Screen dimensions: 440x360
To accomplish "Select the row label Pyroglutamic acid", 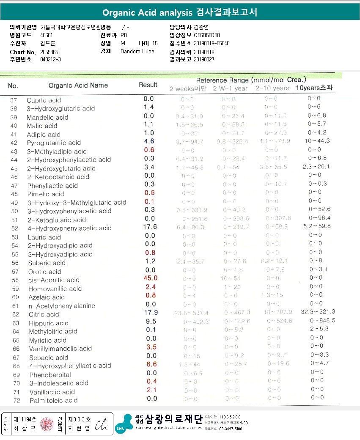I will [x=54, y=143].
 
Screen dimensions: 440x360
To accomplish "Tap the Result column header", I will [x=148, y=85].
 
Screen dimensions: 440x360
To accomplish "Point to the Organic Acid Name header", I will [x=78, y=85].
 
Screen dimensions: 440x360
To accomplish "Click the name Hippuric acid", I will [x=49, y=323].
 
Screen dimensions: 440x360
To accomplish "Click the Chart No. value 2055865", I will [x=49, y=52].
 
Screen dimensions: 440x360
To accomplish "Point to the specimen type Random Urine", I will [x=137, y=52].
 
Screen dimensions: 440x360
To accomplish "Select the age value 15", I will [x=155, y=44].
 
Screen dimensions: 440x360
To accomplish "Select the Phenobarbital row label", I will [x=50, y=375].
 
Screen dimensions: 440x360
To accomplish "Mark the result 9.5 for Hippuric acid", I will [x=151, y=321].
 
